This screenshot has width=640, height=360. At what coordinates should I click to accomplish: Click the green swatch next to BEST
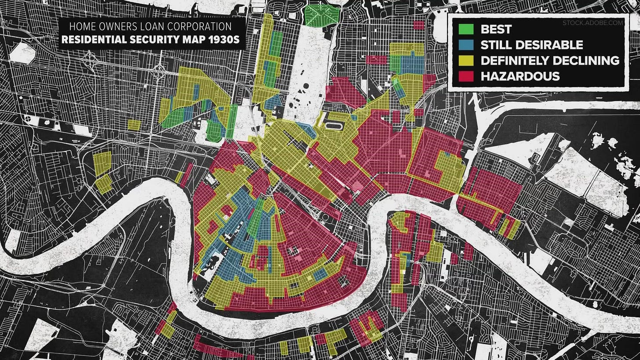465,29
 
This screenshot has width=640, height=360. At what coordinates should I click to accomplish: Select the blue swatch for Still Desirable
465,45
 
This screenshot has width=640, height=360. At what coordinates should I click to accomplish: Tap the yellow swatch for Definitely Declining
465,60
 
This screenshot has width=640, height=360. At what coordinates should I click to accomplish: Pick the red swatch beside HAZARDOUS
465,76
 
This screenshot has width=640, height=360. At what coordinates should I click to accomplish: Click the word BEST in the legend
496,29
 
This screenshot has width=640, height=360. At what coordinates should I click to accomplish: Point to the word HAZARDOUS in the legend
520,76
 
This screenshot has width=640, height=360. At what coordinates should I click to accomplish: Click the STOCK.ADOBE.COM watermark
593,22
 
